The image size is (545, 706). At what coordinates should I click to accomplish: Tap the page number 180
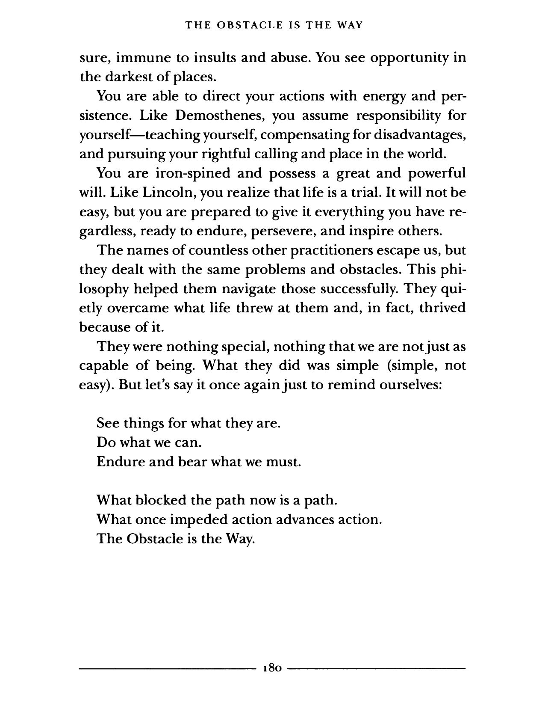[272, 667]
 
